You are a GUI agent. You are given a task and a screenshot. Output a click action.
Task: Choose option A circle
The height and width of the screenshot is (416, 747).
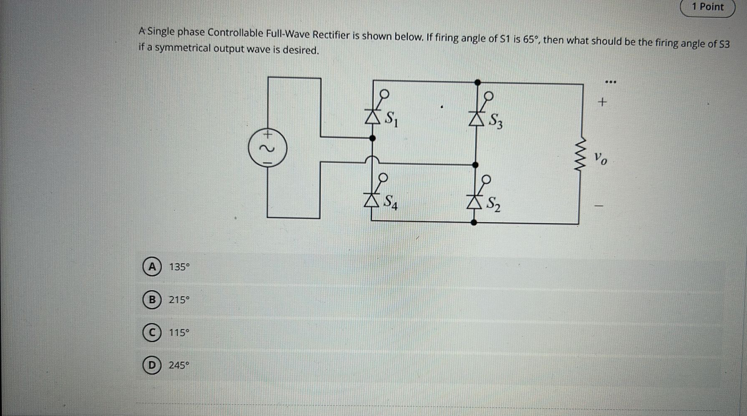152,267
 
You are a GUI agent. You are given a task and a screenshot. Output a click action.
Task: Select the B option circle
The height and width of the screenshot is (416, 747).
152,300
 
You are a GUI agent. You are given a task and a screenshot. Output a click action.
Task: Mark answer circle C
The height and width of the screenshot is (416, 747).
152,333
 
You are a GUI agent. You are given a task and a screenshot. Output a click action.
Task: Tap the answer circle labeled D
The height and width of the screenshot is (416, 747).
152,365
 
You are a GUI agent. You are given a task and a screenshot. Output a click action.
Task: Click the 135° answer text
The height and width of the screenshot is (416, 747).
179,267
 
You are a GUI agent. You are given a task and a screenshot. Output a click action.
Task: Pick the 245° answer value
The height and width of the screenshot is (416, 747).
179,365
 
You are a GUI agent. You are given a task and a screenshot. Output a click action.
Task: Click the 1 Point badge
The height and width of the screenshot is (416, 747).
707,7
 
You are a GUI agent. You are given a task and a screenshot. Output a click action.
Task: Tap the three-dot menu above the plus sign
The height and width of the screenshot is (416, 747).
611,82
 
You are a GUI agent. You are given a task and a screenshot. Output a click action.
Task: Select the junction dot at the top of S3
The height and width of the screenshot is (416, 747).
477,82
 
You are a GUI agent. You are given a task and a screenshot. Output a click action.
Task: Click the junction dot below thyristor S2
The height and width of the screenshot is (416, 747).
474,222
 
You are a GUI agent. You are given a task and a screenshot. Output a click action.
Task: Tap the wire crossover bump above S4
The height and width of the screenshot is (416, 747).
372,159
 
